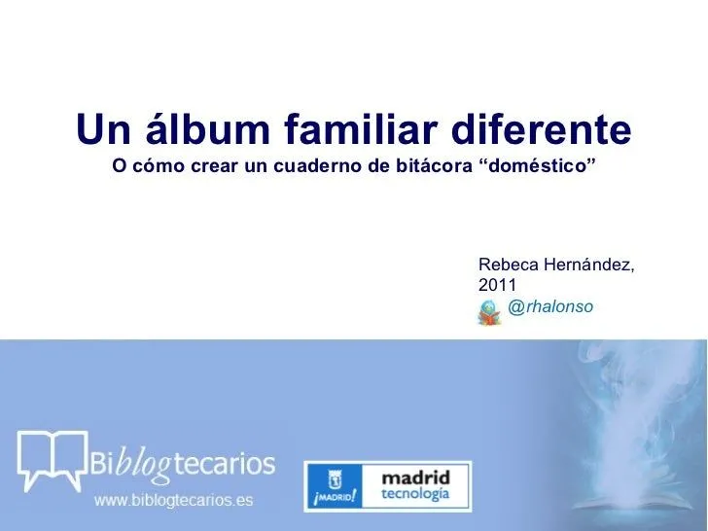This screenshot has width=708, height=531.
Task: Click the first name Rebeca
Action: (511, 264)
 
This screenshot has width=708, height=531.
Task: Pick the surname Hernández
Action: (591, 264)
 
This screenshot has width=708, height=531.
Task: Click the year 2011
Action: (497, 285)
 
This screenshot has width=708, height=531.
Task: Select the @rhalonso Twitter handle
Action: (550, 307)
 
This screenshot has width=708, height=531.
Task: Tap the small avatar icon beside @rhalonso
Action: (490, 311)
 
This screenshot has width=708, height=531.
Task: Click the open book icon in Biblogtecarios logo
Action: (52, 458)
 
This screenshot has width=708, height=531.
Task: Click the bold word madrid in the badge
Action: (415, 478)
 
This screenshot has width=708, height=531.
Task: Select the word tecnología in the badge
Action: (415, 495)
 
